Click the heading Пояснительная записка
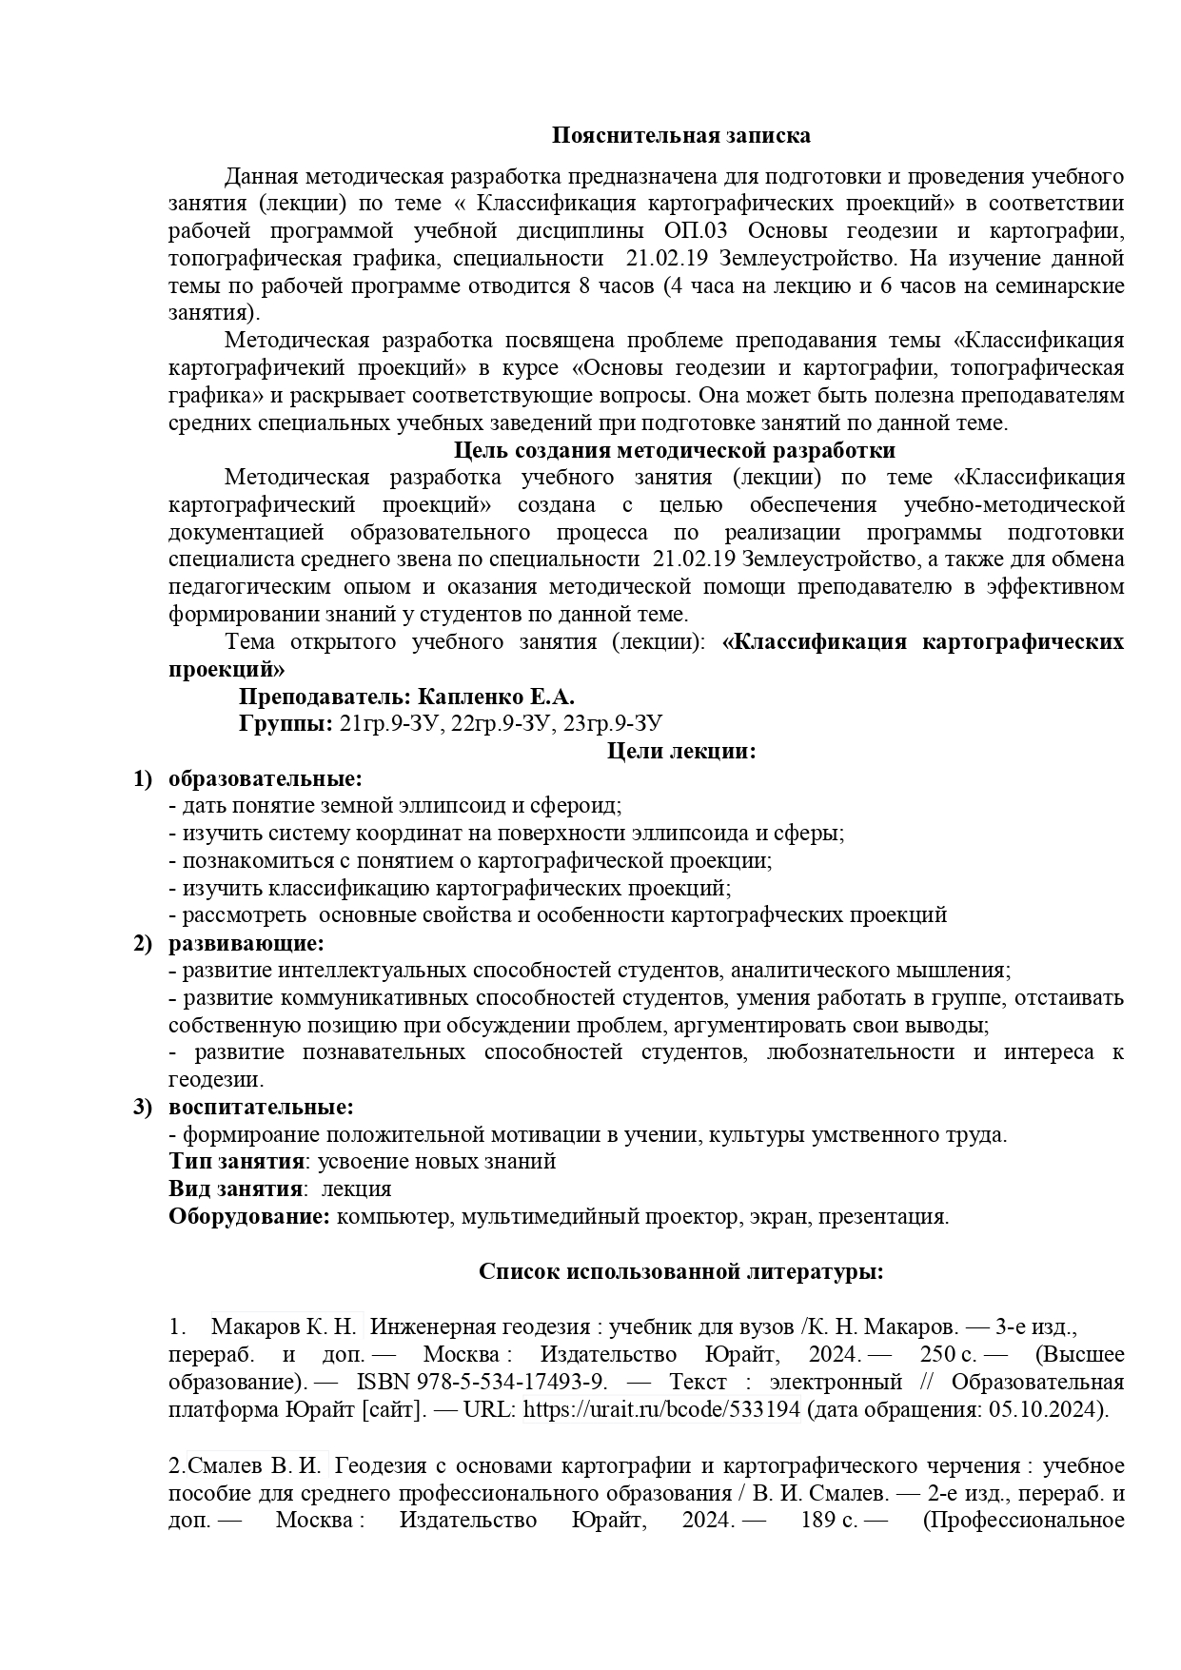(x=681, y=135)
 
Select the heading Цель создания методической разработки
(x=675, y=450)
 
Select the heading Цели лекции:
(x=681, y=752)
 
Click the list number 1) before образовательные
(x=142, y=779)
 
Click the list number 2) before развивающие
(x=142, y=944)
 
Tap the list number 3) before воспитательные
(x=142, y=1108)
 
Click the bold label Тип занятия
(x=237, y=1162)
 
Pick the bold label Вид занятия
(x=235, y=1189)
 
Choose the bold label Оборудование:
(x=250, y=1217)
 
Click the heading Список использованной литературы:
(x=681, y=1272)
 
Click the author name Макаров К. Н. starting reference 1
(x=285, y=1327)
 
